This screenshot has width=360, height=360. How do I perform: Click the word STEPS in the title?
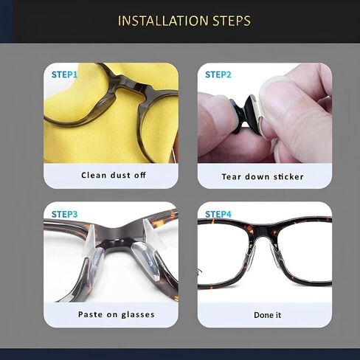point(232,21)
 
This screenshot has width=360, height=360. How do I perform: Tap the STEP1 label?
point(64,75)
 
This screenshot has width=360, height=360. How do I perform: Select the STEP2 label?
point(218,75)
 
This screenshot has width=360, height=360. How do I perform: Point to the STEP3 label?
point(64,214)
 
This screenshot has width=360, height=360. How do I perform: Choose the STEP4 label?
point(218,214)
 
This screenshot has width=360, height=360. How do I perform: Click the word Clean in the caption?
point(94,175)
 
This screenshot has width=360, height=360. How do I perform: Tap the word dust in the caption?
point(120,175)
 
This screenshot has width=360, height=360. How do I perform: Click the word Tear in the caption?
point(231,176)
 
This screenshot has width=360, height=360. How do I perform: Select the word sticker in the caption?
point(288,176)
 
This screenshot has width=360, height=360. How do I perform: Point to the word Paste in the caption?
point(90,314)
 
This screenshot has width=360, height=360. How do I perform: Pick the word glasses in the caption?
point(138,315)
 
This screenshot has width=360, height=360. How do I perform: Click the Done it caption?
point(267,315)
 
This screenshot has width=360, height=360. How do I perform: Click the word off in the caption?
point(140,175)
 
